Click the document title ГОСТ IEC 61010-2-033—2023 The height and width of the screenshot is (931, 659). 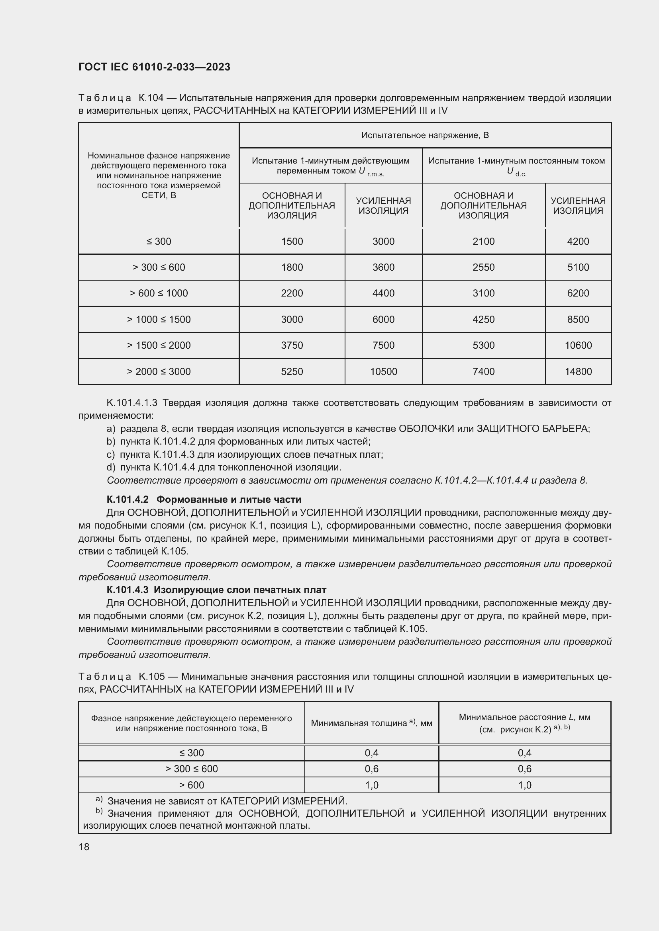154,67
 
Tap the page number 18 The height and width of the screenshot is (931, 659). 84,847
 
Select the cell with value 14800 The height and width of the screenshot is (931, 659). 578,371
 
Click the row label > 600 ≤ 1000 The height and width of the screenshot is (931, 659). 159,293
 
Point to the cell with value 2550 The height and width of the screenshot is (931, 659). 483,267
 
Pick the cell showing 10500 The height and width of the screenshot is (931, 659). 383,371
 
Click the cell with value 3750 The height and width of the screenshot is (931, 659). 292,345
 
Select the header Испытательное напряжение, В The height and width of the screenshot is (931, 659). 425,135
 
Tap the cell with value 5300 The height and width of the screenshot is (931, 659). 483,345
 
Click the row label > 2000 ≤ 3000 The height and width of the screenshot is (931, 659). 159,371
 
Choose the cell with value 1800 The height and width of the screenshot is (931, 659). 292,267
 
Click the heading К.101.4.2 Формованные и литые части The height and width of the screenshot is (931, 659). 204,500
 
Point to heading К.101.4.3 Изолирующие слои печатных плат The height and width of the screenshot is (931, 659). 216,590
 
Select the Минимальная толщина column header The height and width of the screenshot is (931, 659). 371,723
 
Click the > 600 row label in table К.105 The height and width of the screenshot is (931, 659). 192,785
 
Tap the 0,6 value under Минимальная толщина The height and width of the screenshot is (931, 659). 371,769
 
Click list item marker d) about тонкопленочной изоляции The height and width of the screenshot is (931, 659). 111,468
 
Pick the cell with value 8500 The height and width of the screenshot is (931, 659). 578,320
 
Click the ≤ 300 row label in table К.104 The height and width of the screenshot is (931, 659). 159,242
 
